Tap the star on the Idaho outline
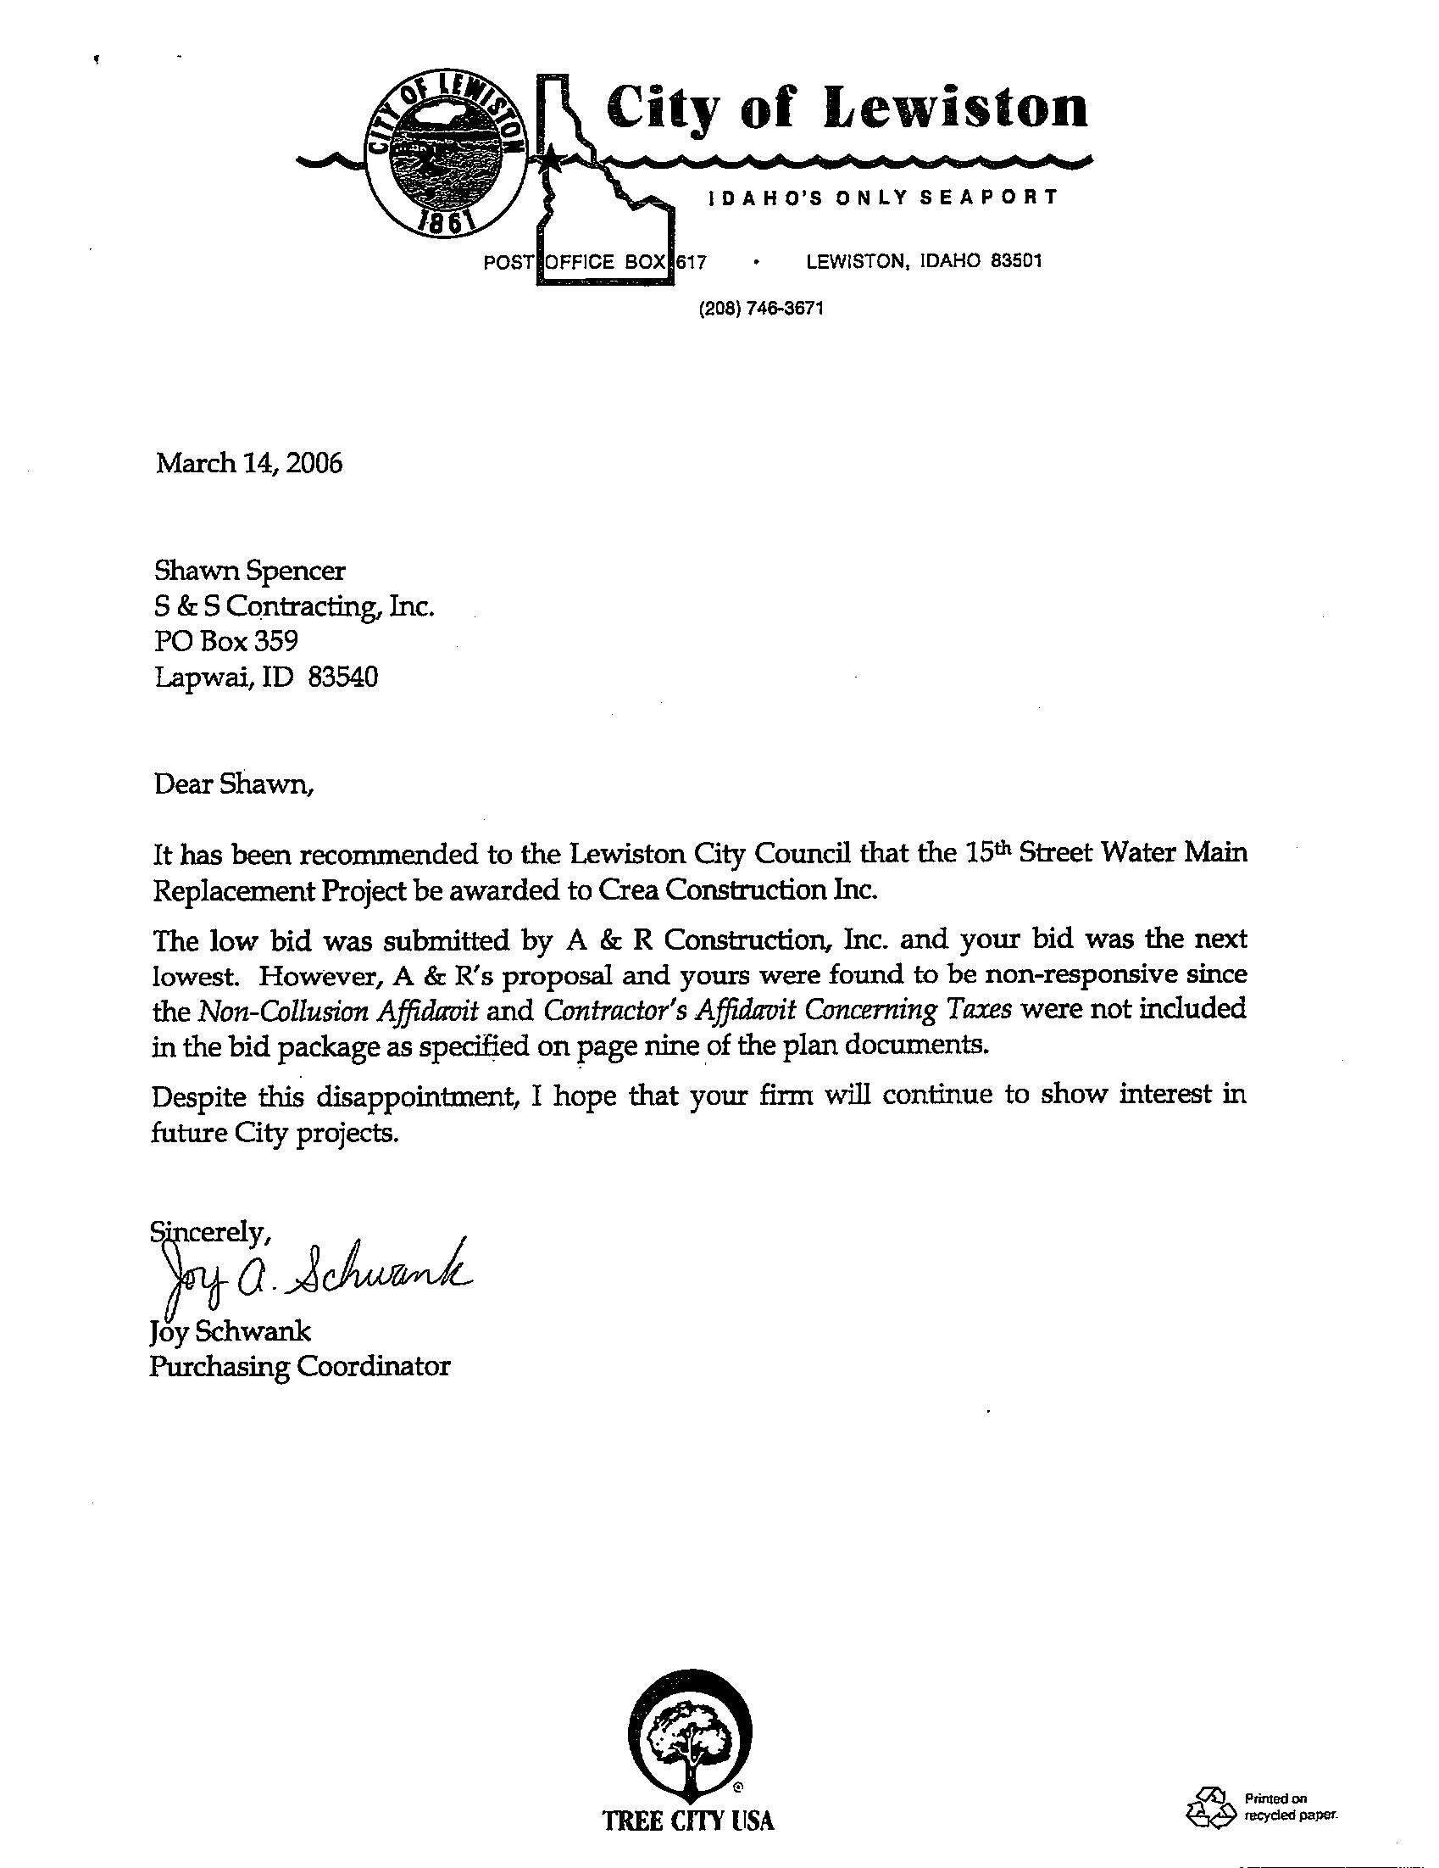552,158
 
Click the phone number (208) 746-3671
760,309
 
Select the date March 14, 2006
249,464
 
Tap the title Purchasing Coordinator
299,1366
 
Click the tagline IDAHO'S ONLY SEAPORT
882,198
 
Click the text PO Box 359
225,641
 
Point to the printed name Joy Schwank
230,1331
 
